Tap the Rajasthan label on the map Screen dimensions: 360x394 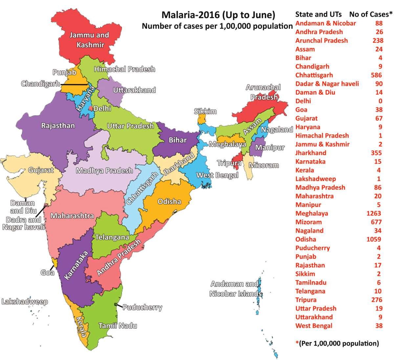(x=58, y=125)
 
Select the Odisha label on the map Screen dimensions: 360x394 (x=169, y=201)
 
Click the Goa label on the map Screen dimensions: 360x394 (x=47, y=272)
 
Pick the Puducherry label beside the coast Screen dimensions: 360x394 (x=142, y=307)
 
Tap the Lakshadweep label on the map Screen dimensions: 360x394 (x=25, y=302)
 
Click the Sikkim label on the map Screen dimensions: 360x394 (x=205, y=111)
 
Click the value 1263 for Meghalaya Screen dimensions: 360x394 (x=374, y=214)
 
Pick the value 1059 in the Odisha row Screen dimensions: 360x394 (x=374, y=239)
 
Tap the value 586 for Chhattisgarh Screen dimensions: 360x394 (x=376, y=75)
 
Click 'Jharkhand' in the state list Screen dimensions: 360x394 (x=311, y=153)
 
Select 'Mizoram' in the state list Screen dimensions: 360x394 (x=308, y=222)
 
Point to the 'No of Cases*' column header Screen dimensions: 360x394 (x=371, y=14)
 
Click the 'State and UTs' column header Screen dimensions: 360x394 (x=318, y=14)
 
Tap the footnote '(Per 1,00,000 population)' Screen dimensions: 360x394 (x=339, y=344)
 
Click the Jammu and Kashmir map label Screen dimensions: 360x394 (x=89, y=39)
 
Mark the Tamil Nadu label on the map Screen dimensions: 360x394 (x=118, y=326)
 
